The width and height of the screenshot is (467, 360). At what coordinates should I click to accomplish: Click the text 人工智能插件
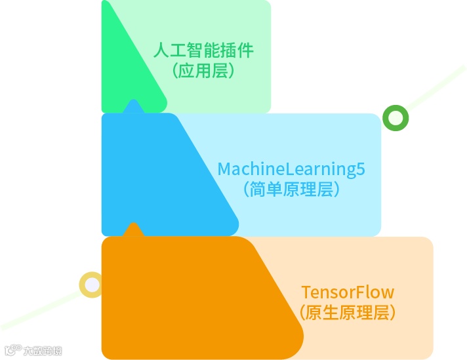point(203,50)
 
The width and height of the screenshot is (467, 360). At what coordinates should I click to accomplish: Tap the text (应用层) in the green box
point(203,71)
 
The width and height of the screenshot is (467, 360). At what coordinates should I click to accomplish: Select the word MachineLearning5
point(291,169)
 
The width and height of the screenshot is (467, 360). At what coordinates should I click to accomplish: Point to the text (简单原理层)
point(291,190)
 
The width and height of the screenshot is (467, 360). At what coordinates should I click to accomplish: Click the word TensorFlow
point(348,292)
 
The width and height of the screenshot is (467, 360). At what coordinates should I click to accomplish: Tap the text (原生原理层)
point(348,313)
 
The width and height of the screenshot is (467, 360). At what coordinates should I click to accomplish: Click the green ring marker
point(396,118)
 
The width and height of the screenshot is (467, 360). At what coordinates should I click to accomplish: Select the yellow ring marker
point(91,285)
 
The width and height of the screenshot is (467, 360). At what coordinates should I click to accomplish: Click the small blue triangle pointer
point(134,106)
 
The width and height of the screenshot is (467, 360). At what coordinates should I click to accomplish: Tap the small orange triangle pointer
point(134,230)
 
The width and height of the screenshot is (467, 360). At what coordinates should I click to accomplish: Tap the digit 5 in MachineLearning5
point(359,169)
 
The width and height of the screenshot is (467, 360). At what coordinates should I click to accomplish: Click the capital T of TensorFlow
point(306,292)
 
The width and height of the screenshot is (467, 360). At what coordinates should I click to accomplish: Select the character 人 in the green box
point(160,50)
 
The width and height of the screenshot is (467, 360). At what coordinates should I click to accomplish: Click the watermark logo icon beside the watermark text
point(11,350)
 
